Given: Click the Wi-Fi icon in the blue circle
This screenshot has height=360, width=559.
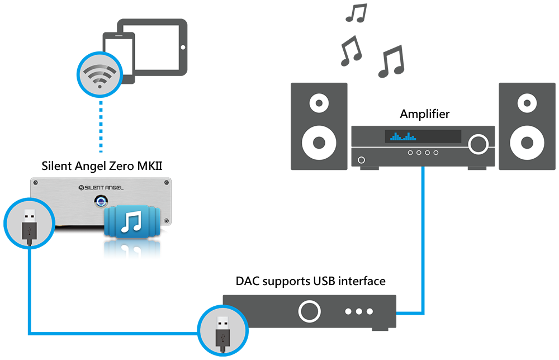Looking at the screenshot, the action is [100, 75].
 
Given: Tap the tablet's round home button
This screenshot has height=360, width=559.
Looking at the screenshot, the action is [183, 48].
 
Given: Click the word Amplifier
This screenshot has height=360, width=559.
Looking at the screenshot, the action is [425, 114].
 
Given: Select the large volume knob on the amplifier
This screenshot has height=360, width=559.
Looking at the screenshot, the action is [479, 144].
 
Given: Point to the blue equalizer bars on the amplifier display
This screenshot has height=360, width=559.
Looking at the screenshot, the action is [403, 136].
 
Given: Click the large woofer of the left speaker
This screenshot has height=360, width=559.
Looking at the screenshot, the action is [319, 143].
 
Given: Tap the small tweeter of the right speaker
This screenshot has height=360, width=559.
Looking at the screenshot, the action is [527, 103].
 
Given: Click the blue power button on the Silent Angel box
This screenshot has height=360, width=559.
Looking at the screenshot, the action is [101, 201].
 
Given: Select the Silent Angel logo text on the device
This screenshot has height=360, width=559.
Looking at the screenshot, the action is [101, 187].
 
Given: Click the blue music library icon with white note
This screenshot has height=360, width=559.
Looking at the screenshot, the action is [132, 221].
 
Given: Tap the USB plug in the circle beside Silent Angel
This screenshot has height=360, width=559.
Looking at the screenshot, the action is [29, 225].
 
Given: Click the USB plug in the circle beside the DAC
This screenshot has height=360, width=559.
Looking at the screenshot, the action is [223, 333].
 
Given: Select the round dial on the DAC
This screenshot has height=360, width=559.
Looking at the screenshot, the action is [309, 311].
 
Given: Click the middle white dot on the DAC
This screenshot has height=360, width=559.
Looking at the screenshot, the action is [359, 311].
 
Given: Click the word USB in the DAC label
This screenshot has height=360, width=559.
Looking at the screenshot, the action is [324, 281].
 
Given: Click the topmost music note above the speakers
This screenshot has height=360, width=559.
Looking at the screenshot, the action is [356, 13].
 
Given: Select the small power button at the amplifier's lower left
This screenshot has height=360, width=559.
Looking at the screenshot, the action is [361, 160].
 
